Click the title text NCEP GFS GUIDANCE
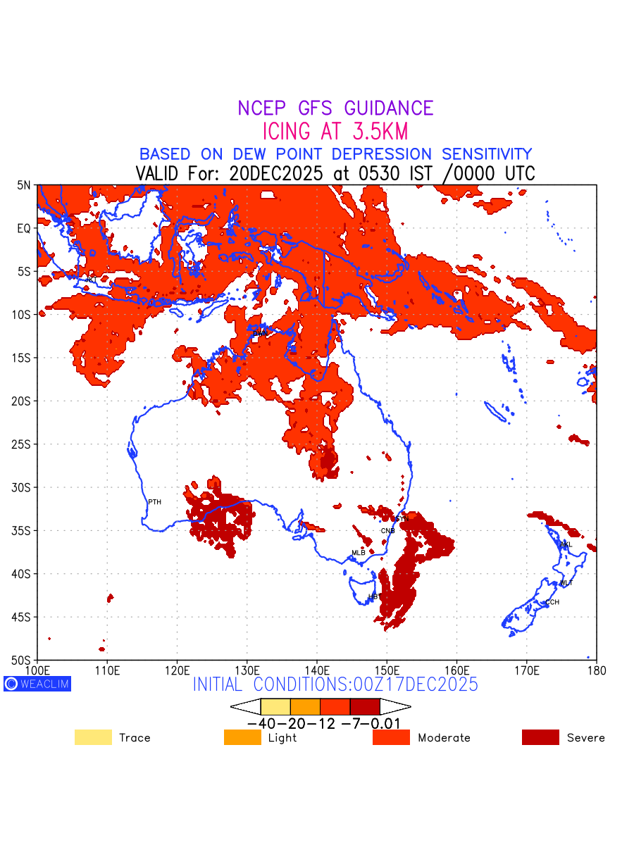(x=335, y=108)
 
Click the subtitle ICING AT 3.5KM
(x=335, y=132)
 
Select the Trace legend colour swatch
(x=93, y=737)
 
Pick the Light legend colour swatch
(x=242, y=737)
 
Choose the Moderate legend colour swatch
(x=391, y=737)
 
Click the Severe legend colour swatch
(x=540, y=737)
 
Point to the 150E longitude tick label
(x=387, y=669)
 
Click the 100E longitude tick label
(x=37, y=669)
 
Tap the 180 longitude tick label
(x=596, y=669)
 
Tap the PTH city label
(x=154, y=502)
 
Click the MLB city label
(x=359, y=553)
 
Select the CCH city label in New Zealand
(x=552, y=602)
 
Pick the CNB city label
(x=387, y=530)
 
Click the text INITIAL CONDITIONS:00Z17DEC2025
(x=335, y=684)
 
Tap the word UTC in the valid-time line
(x=516, y=173)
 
